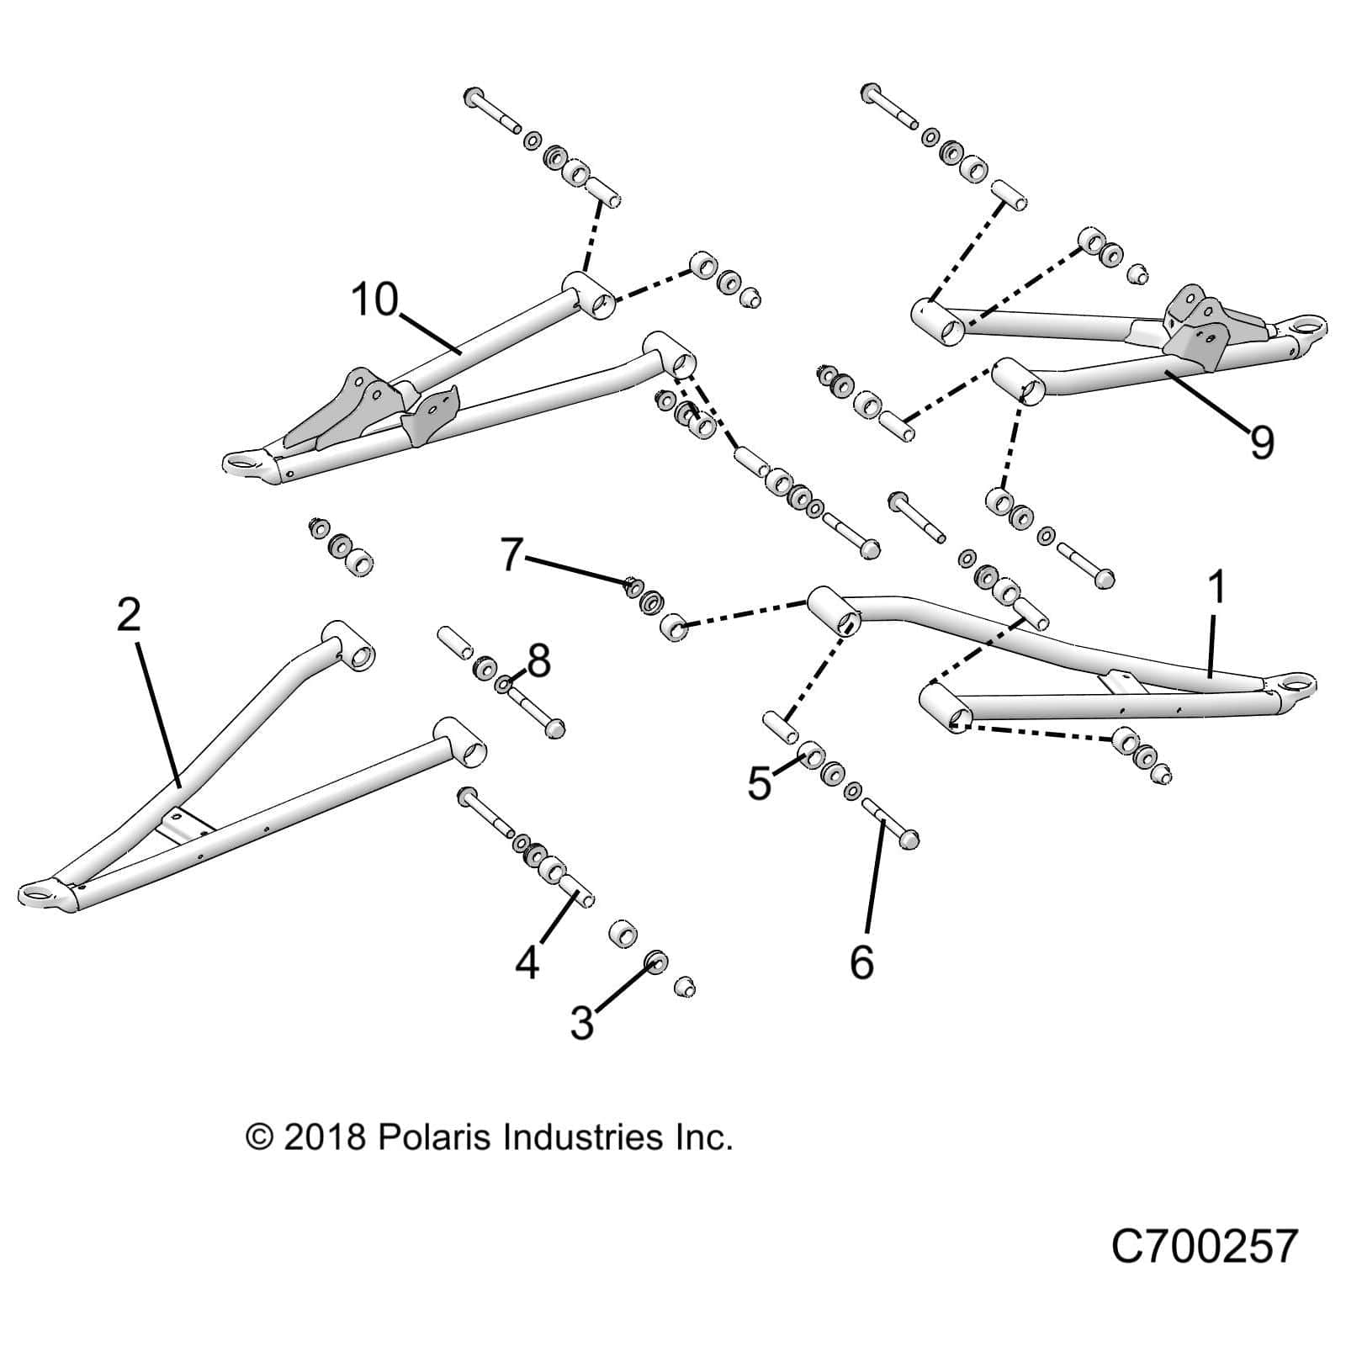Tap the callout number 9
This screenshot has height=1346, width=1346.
[x=1262, y=442]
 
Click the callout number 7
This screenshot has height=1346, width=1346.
[x=512, y=556]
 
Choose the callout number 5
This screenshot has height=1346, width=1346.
[x=759, y=785]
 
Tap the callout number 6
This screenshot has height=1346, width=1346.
[x=862, y=962]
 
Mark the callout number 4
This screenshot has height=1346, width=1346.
[x=527, y=962]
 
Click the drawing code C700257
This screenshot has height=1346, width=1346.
[x=1205, y=1247]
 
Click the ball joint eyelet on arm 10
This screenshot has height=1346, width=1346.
[x=242, y=461]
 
